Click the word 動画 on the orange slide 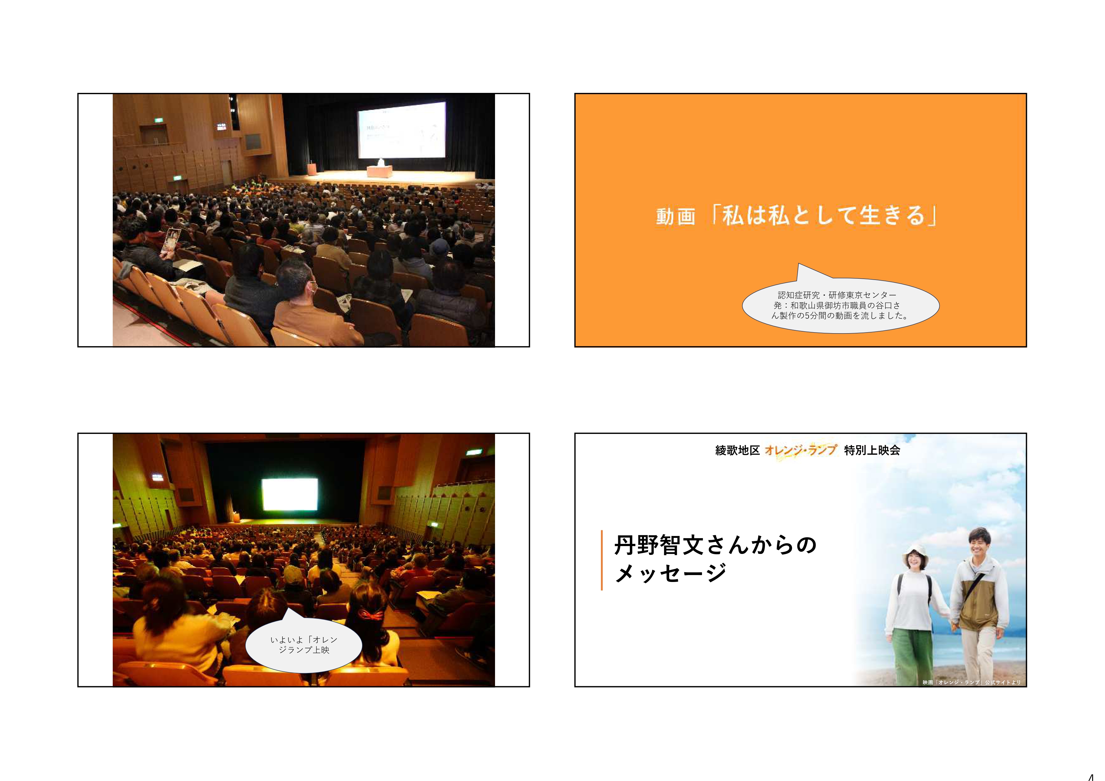click(675, 217)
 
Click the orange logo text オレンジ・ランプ click(800, 450)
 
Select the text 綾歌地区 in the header click(737, 450)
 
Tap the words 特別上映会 click(872, 450)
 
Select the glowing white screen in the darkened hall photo click(289, 494)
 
